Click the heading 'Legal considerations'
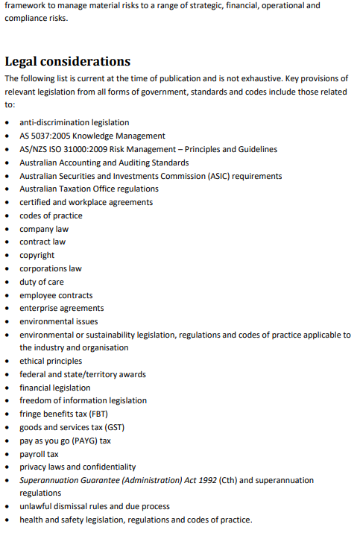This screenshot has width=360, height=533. tap(67, 61)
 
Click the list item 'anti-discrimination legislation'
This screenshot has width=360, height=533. tap(74, 122)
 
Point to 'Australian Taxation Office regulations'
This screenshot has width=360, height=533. tap(89, 189)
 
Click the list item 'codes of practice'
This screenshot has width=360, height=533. tap(51, 215)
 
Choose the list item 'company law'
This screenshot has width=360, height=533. tap(43, 229)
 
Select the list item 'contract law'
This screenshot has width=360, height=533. tap(42, 242)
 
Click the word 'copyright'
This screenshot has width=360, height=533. tap(37, 255)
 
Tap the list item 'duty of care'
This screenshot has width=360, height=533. tap(42, 282)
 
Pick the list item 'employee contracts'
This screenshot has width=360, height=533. tap(56, 295)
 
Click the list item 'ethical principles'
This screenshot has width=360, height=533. tap(51, 361)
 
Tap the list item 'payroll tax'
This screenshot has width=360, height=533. tap(39, 454)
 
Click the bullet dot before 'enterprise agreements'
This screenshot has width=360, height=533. tap(7, 309)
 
